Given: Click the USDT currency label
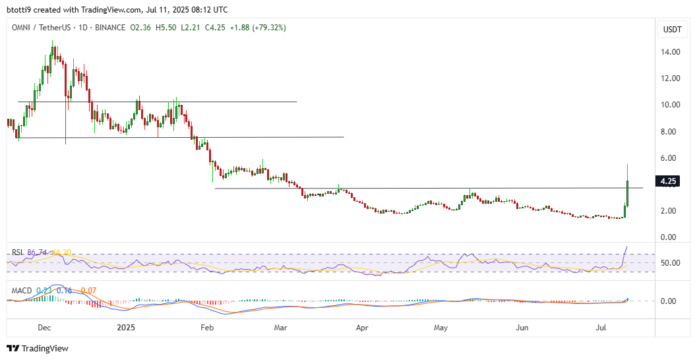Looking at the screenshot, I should pyautogui.click(x=672, y=30).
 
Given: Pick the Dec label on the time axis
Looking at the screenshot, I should pyautogui.click(x=45, y=327).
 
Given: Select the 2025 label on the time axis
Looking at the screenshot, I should pyautogui.click(x=125, y=327).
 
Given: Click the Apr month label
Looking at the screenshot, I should pyautogui.click(x=361, y=327).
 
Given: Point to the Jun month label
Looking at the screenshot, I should pyautogui.click(x=523, y=327).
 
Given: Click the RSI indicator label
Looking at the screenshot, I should pyautogui.click(x=17, y=252).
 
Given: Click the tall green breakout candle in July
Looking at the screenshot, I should pyautogui.click(x=628, y=193).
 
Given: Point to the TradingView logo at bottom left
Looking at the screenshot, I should pyautogui.click(x=38, y=348).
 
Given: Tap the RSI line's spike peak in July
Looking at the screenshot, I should pyautogui.click(x=626, y=247).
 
